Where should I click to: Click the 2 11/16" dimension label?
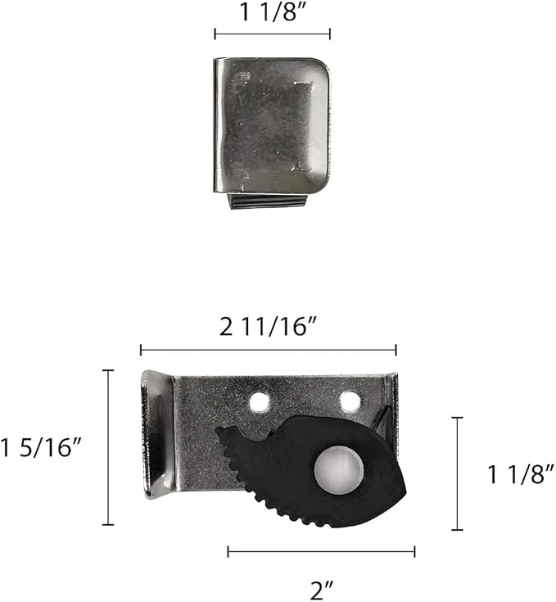(x=269, y=328)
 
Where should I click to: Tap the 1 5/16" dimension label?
(x=41, y=447)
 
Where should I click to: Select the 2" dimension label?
(x=322, y=590)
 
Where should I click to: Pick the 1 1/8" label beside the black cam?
(x=521, y=474)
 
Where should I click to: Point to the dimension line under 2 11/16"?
(x=269, y=350)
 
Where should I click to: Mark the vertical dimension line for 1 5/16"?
(x=108, y=447)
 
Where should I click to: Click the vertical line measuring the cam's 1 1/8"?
(x=457, y=473)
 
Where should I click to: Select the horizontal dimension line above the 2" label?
(x=321, y=552)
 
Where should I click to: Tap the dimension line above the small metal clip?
(x=272, y=34)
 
